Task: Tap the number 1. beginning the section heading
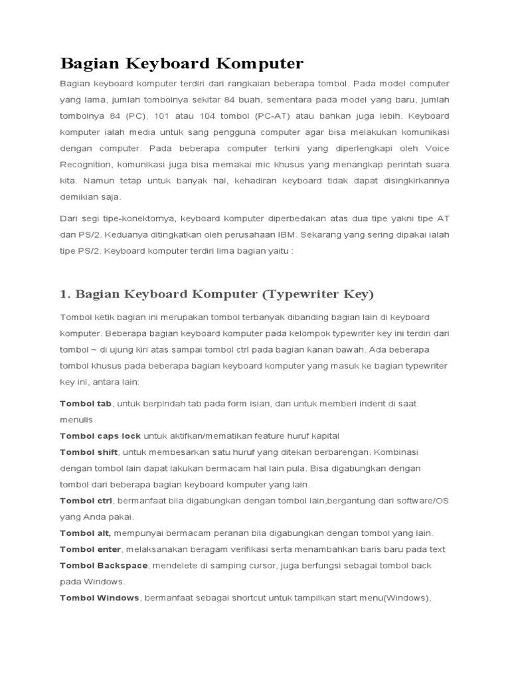point(65,294)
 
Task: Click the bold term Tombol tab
point(86,404)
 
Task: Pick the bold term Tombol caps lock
point(100,436)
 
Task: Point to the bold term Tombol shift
point(89,452)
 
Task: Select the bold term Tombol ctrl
point(86,501)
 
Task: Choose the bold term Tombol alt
point(85,533)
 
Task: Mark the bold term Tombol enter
point(90,549)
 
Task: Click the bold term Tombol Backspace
point(106,565)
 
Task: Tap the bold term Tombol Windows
point(100,598)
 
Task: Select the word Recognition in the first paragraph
point(87,164)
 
